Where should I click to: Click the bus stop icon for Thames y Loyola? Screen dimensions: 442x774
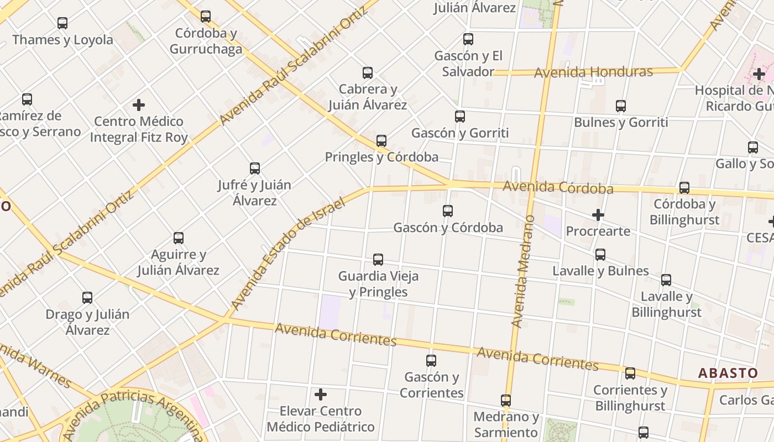(62, 23)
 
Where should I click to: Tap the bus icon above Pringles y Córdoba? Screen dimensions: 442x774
(381, 141)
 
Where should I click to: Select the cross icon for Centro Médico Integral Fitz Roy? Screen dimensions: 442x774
(139, 105)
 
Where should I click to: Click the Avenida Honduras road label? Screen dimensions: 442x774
(593, 72)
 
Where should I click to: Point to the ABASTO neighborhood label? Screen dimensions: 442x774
(728, 373)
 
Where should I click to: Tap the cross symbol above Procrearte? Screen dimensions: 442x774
(598, 215)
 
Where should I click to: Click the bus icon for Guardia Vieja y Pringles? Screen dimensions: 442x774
(378, 260)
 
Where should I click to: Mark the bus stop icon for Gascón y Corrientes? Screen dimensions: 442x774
(431, 361)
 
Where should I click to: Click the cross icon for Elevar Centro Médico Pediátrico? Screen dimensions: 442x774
(321, 394)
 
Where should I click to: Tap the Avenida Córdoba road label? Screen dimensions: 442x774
(558, 187)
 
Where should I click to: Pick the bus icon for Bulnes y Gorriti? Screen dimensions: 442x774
(621, 106)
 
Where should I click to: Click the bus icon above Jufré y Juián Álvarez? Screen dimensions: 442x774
(255, 169)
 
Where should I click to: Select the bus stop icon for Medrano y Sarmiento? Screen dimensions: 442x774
(506, 401)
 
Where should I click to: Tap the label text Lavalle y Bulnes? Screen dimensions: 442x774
(600, 271)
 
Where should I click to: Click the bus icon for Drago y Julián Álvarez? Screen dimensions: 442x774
(87, 298)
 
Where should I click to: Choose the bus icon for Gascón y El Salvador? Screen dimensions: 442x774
(468, 39)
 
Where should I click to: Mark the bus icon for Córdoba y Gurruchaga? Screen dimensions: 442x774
(206, 17)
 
